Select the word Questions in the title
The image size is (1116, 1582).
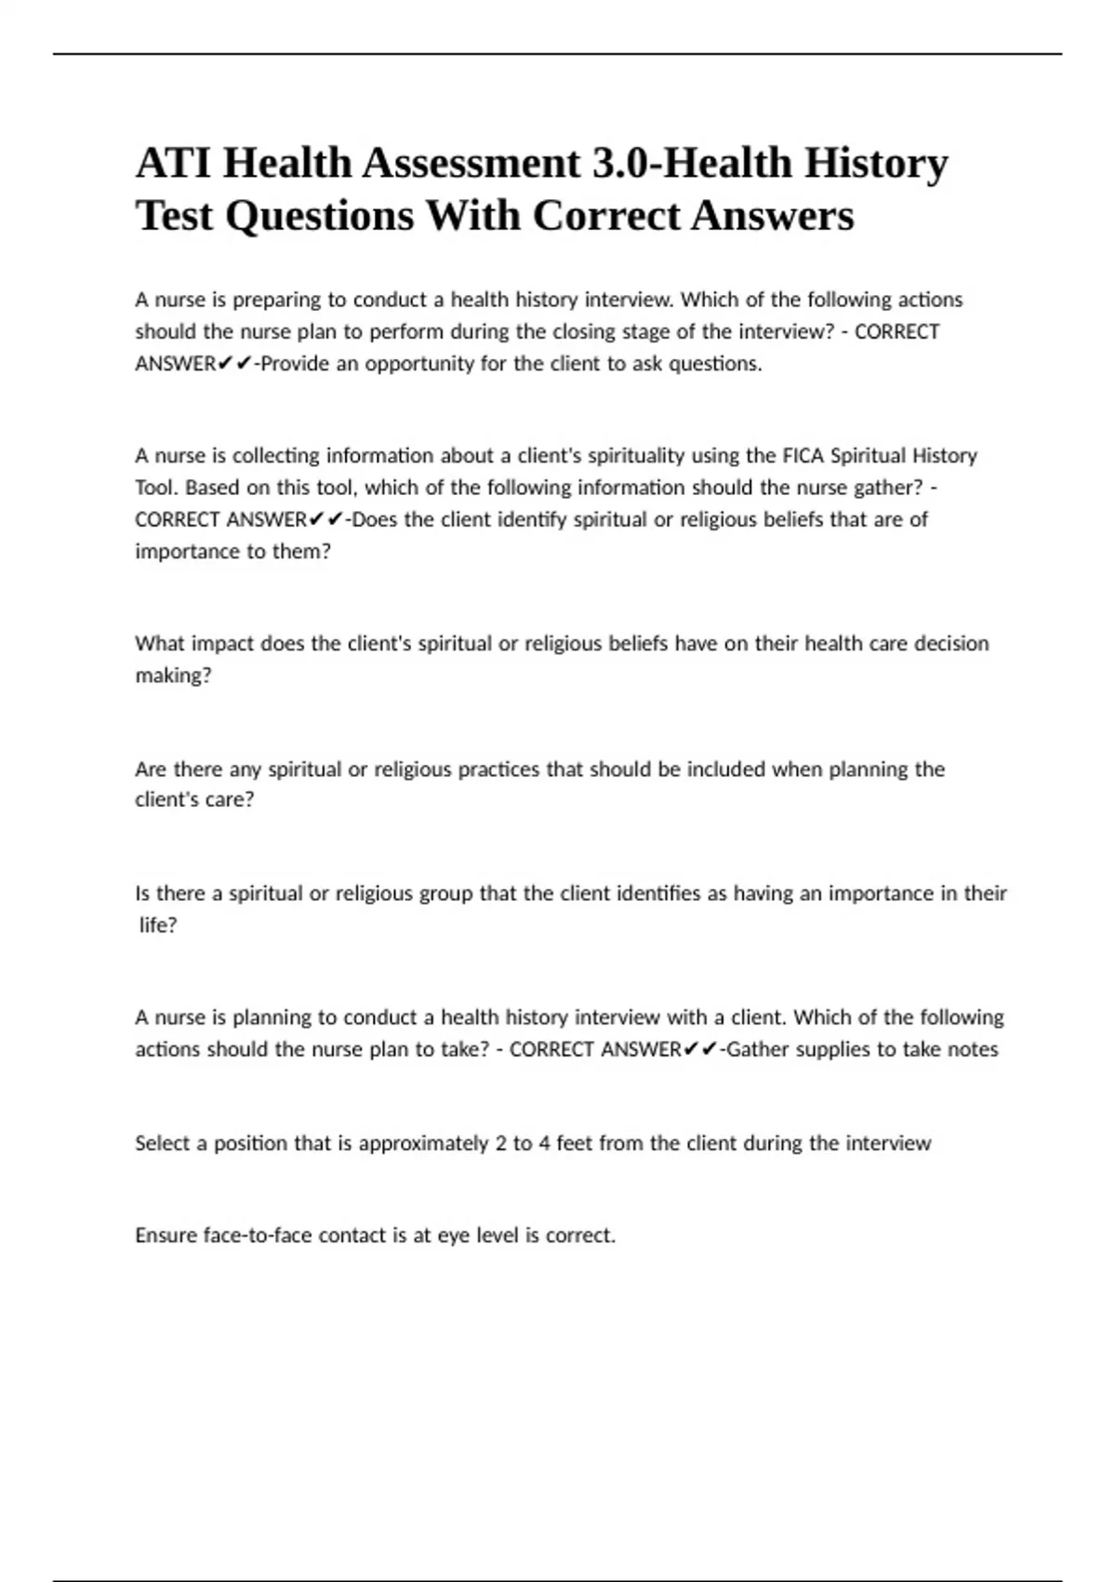[x=319, y=217]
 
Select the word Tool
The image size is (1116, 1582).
[x=156, y=488]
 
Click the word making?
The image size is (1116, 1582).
[x=173, y=676]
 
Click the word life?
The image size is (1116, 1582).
[x=158, y=925]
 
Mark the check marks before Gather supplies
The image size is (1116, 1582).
[x=700, y=1050]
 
